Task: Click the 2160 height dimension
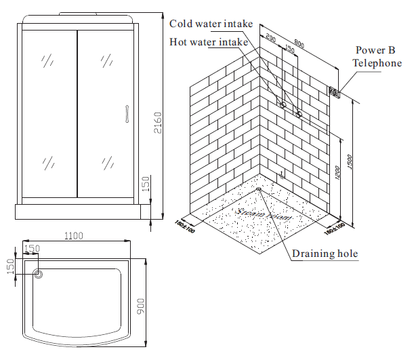[158, 122]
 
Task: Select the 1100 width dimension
[73, 236]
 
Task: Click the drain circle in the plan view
[39, 275]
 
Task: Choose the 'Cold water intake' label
[211, 24]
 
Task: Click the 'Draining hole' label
[325, 254]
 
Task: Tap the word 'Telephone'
[377, 63]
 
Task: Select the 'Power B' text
[373, 50]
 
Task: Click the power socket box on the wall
[333, 92]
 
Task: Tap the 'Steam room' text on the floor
[264, 215]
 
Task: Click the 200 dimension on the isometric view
[270, 39]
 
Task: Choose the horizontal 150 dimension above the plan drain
[32, 249]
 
